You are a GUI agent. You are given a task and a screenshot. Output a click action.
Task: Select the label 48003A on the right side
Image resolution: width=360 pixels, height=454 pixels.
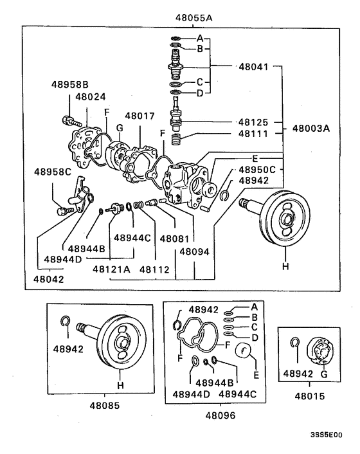click(x=311, y=129)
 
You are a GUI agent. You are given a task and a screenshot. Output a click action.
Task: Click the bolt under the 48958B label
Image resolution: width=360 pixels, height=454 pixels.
click(x=69, y=119)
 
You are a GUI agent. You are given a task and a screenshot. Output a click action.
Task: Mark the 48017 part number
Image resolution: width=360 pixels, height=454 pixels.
click(x=139, y=116)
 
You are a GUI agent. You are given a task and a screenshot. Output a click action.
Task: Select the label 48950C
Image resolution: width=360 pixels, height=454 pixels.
click(x=257, y=170)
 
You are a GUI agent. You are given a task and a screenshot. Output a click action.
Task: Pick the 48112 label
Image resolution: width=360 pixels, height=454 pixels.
click(x=153, y=269)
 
